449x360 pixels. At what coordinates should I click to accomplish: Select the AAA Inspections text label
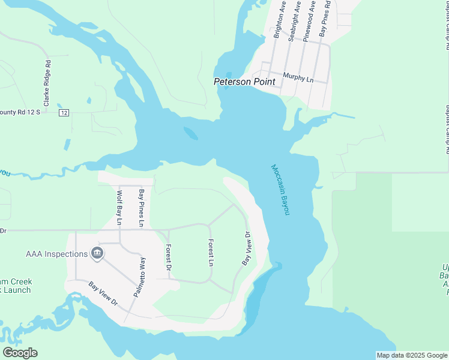click(56, 254)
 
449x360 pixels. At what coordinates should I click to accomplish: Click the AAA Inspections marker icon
click(97, 254)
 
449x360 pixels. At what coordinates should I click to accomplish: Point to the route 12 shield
click(64, 113)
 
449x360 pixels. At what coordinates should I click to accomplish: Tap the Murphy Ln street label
click(298, 77)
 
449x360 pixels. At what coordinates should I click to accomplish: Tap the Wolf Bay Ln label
click(119, 208)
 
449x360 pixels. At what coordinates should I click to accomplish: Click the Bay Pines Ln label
click(142, 208)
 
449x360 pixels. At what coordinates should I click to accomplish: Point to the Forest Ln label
click(211, 253)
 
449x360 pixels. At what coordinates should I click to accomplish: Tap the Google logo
click(20, 352)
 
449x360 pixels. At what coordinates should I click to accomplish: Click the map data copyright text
click(412, 355)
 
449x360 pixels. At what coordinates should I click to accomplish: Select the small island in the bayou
click(190, 133)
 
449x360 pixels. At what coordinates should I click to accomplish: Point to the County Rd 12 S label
click(20, 112)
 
